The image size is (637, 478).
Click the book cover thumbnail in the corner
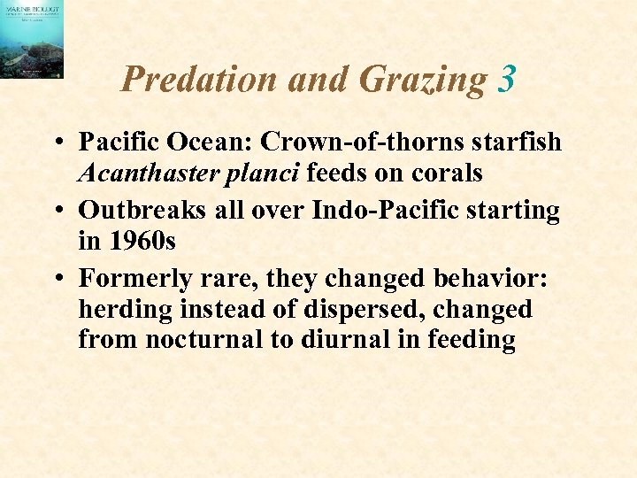[x=32, y=40]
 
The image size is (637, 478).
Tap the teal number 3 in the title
[x=506, y=80]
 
